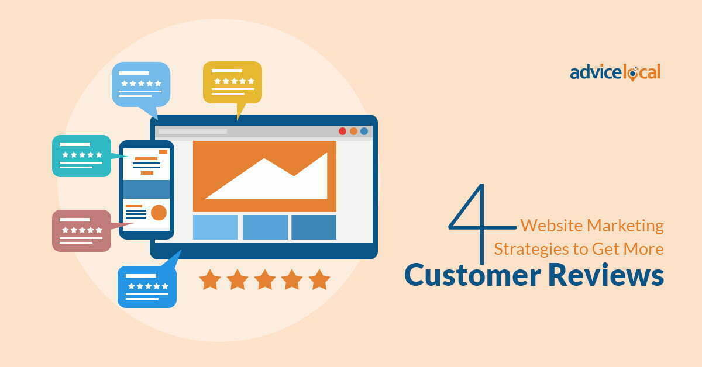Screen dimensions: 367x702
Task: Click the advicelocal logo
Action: tap(615, 72)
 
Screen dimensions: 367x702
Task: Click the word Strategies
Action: tap(531, 249)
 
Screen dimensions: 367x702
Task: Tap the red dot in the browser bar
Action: tap(342, 131)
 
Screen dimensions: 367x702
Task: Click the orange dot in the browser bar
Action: tap(353, 131)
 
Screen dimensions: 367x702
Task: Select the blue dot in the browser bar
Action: tap(364, 131)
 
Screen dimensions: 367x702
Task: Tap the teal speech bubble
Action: tap(81, 155)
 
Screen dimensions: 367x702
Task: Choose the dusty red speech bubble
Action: tap(81, 230)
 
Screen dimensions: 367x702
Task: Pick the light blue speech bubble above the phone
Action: tap(140, 84)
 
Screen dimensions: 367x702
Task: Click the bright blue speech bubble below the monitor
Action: tap(147, 286)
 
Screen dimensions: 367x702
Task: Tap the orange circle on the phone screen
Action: tap(159, 212)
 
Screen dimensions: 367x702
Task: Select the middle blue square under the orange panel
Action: tap(265, 227)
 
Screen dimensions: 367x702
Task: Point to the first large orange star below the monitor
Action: tap(210, 279)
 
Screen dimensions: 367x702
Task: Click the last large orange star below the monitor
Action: tap(319, 279)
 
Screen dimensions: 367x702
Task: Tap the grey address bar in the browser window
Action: tap(192, 131)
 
